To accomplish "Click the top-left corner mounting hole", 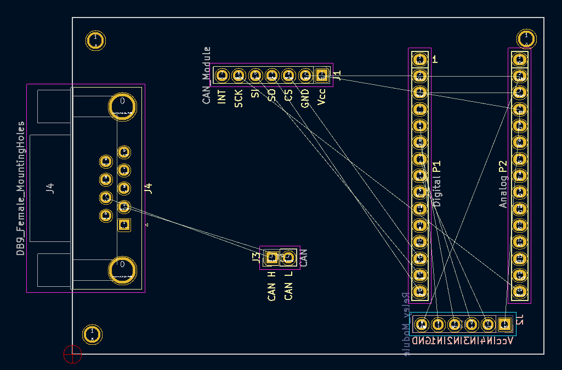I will (x=96, y=40).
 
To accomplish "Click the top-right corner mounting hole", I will (x=526, y=39).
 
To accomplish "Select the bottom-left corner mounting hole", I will (x=92, y=334).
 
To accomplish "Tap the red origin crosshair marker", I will (x=72, y=354).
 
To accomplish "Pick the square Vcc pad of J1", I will (x=322, y=75).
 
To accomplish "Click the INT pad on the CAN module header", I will (x=222, y=75).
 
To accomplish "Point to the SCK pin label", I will (x=239, y=97).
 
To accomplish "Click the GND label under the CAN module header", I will (x=305, y=97).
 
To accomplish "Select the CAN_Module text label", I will (x=207, y=75).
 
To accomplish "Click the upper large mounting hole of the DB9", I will (x=122, y=106).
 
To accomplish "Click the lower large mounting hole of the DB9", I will (x=122, y=270).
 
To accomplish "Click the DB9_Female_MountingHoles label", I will (x=21, y=188).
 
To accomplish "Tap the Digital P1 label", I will (x=437, y=184).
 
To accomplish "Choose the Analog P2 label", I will (x=503, y=184).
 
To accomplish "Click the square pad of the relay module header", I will (x=504, y=325).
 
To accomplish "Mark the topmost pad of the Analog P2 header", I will (x=519, y=59).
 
